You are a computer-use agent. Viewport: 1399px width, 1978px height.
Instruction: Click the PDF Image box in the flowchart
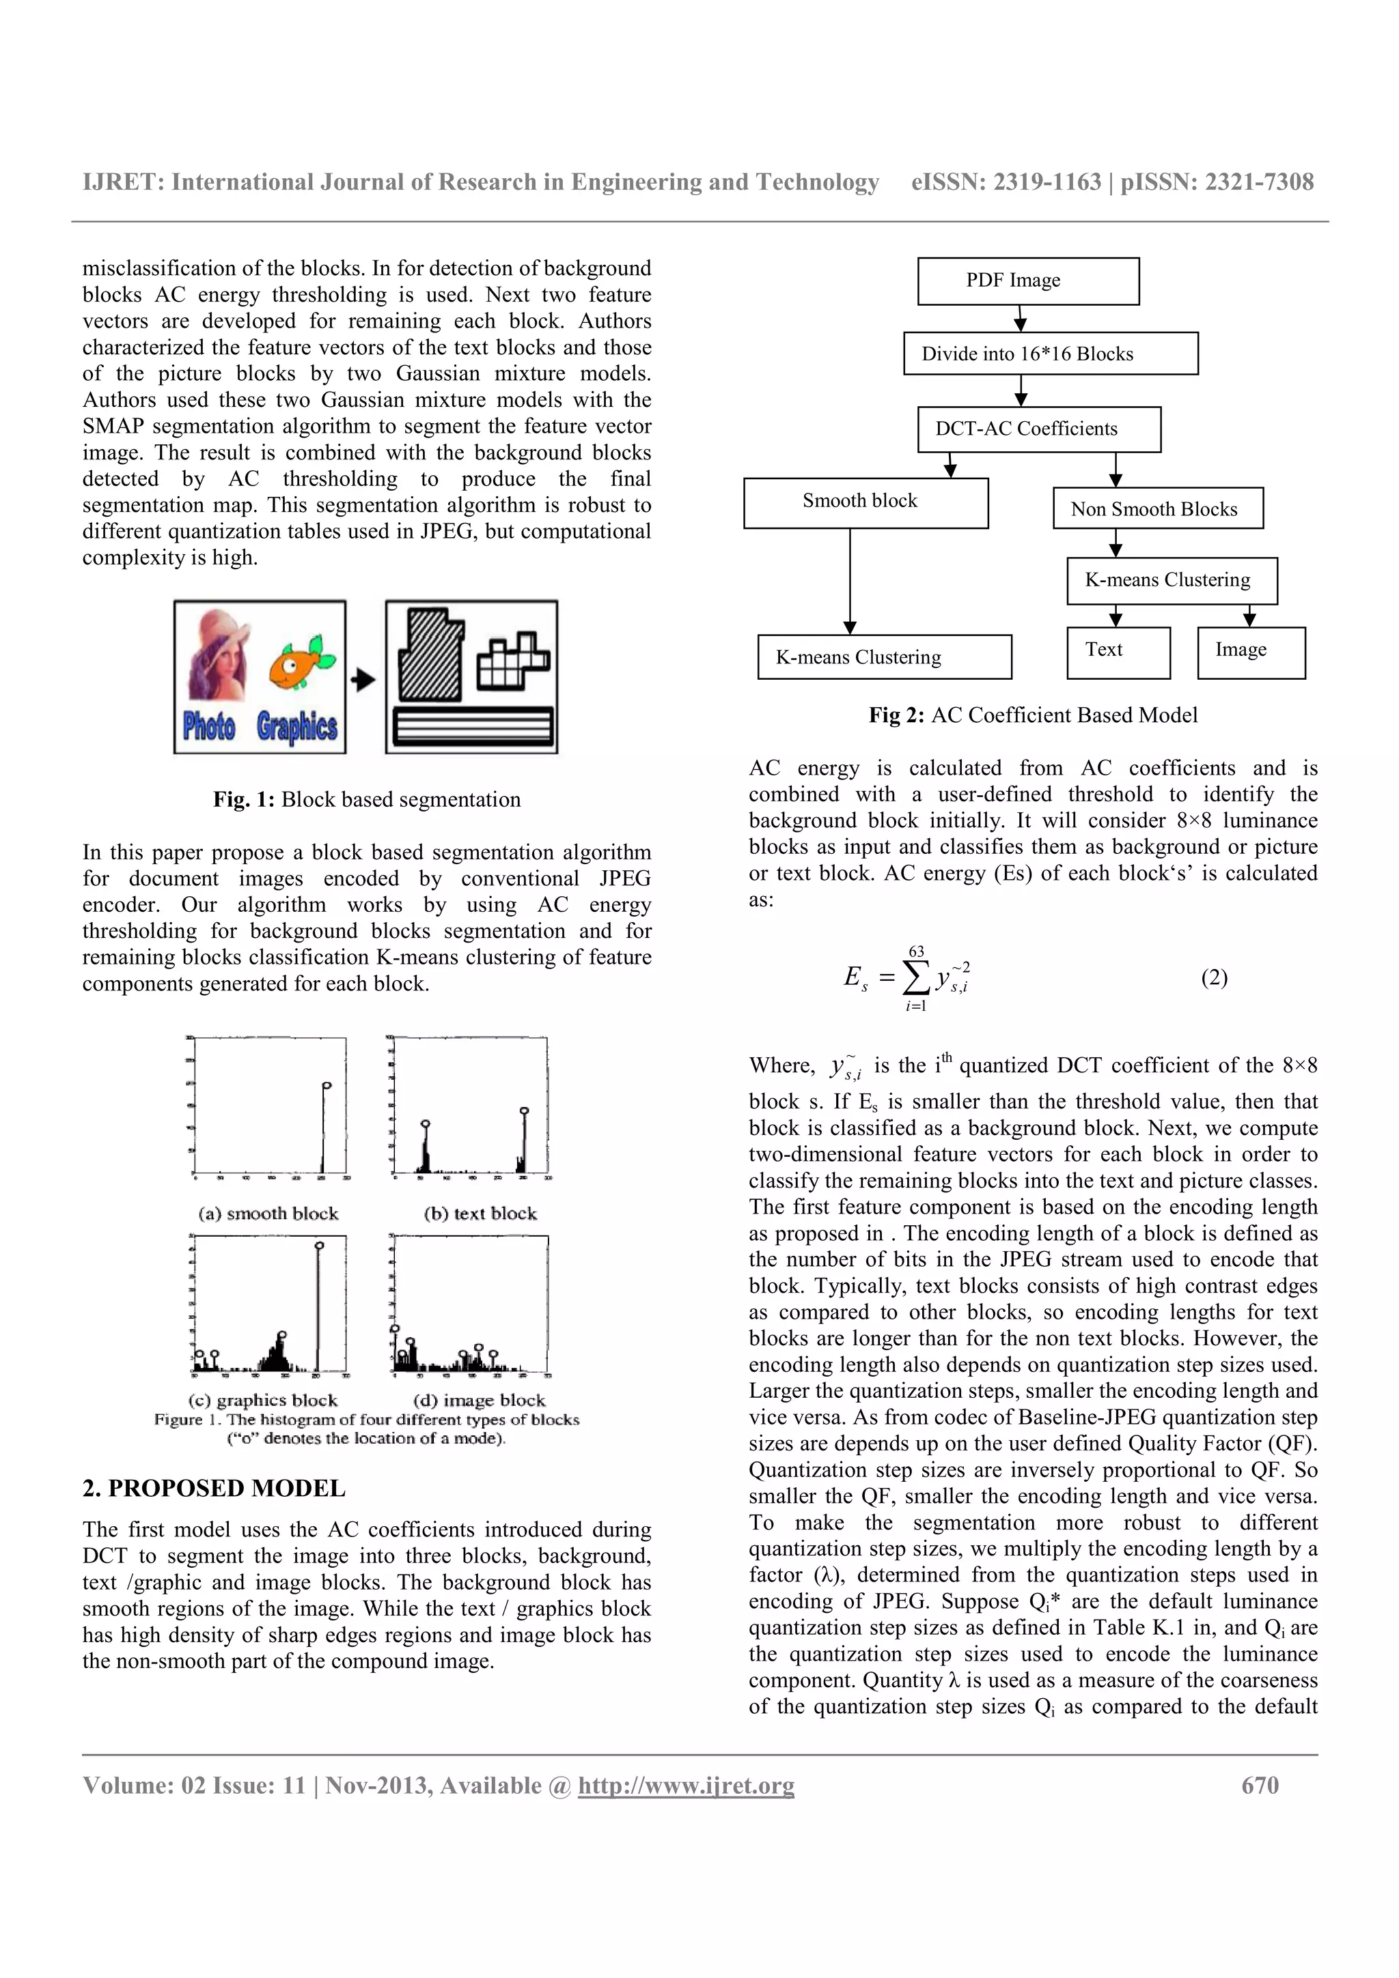coord(1027,281)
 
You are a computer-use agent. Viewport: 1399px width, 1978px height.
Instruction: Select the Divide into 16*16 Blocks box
coord(1050,354)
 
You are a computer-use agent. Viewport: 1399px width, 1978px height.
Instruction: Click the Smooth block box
coord(865,502)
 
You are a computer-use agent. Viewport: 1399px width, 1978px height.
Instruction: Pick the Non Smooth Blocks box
coord(1156,508)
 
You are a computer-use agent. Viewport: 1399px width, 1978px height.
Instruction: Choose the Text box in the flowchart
coord(1117,652)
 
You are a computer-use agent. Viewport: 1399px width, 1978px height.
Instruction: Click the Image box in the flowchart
coord(1251,652)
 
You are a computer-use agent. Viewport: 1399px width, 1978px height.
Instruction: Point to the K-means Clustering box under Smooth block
coord(883,657)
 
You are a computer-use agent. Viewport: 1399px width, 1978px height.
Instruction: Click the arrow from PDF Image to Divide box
coord(1020,319)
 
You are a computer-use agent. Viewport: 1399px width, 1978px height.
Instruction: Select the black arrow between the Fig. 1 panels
coord(364,680)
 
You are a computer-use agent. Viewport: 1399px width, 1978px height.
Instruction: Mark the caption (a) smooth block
coord(268,1213)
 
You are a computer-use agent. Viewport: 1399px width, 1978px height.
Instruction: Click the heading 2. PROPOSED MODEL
coord(214,1488)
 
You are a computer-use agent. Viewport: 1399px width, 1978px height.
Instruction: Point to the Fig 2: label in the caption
coord(896,715)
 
